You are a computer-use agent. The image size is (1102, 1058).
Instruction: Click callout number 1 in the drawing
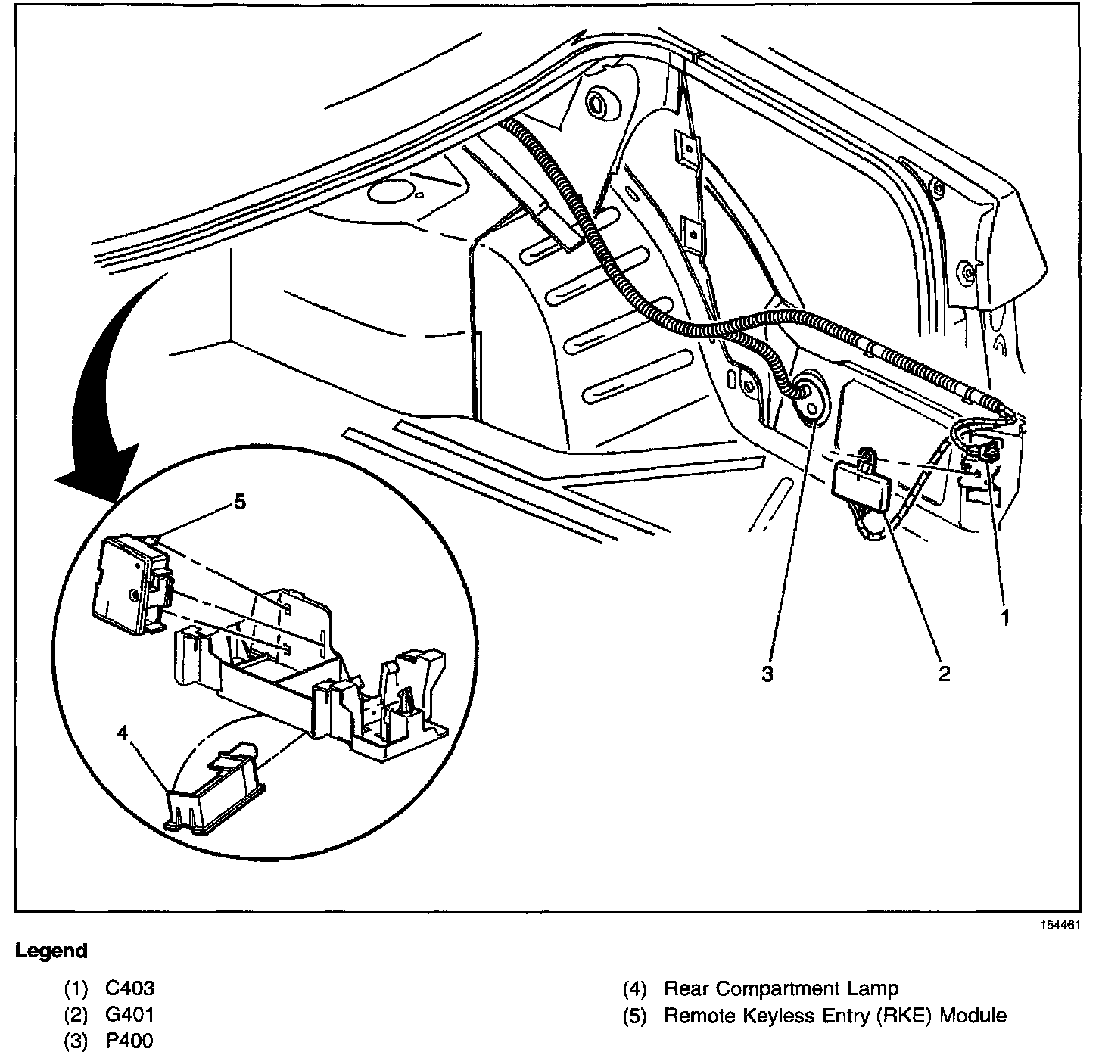1005,618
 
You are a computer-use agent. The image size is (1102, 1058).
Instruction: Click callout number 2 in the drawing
944,673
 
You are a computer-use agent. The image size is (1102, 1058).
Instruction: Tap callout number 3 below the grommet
768,674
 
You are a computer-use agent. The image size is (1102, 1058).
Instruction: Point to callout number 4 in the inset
123,732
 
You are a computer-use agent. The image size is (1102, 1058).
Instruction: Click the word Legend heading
51,951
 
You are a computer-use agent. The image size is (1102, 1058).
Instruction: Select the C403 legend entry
130,988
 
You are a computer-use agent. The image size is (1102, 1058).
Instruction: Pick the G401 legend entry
130,1015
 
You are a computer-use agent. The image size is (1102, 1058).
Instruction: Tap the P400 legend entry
130,1041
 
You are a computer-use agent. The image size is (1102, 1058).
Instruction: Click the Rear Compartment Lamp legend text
780,988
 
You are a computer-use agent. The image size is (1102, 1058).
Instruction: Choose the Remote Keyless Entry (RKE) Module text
835,1015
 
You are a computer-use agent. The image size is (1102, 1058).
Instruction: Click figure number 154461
1063,925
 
